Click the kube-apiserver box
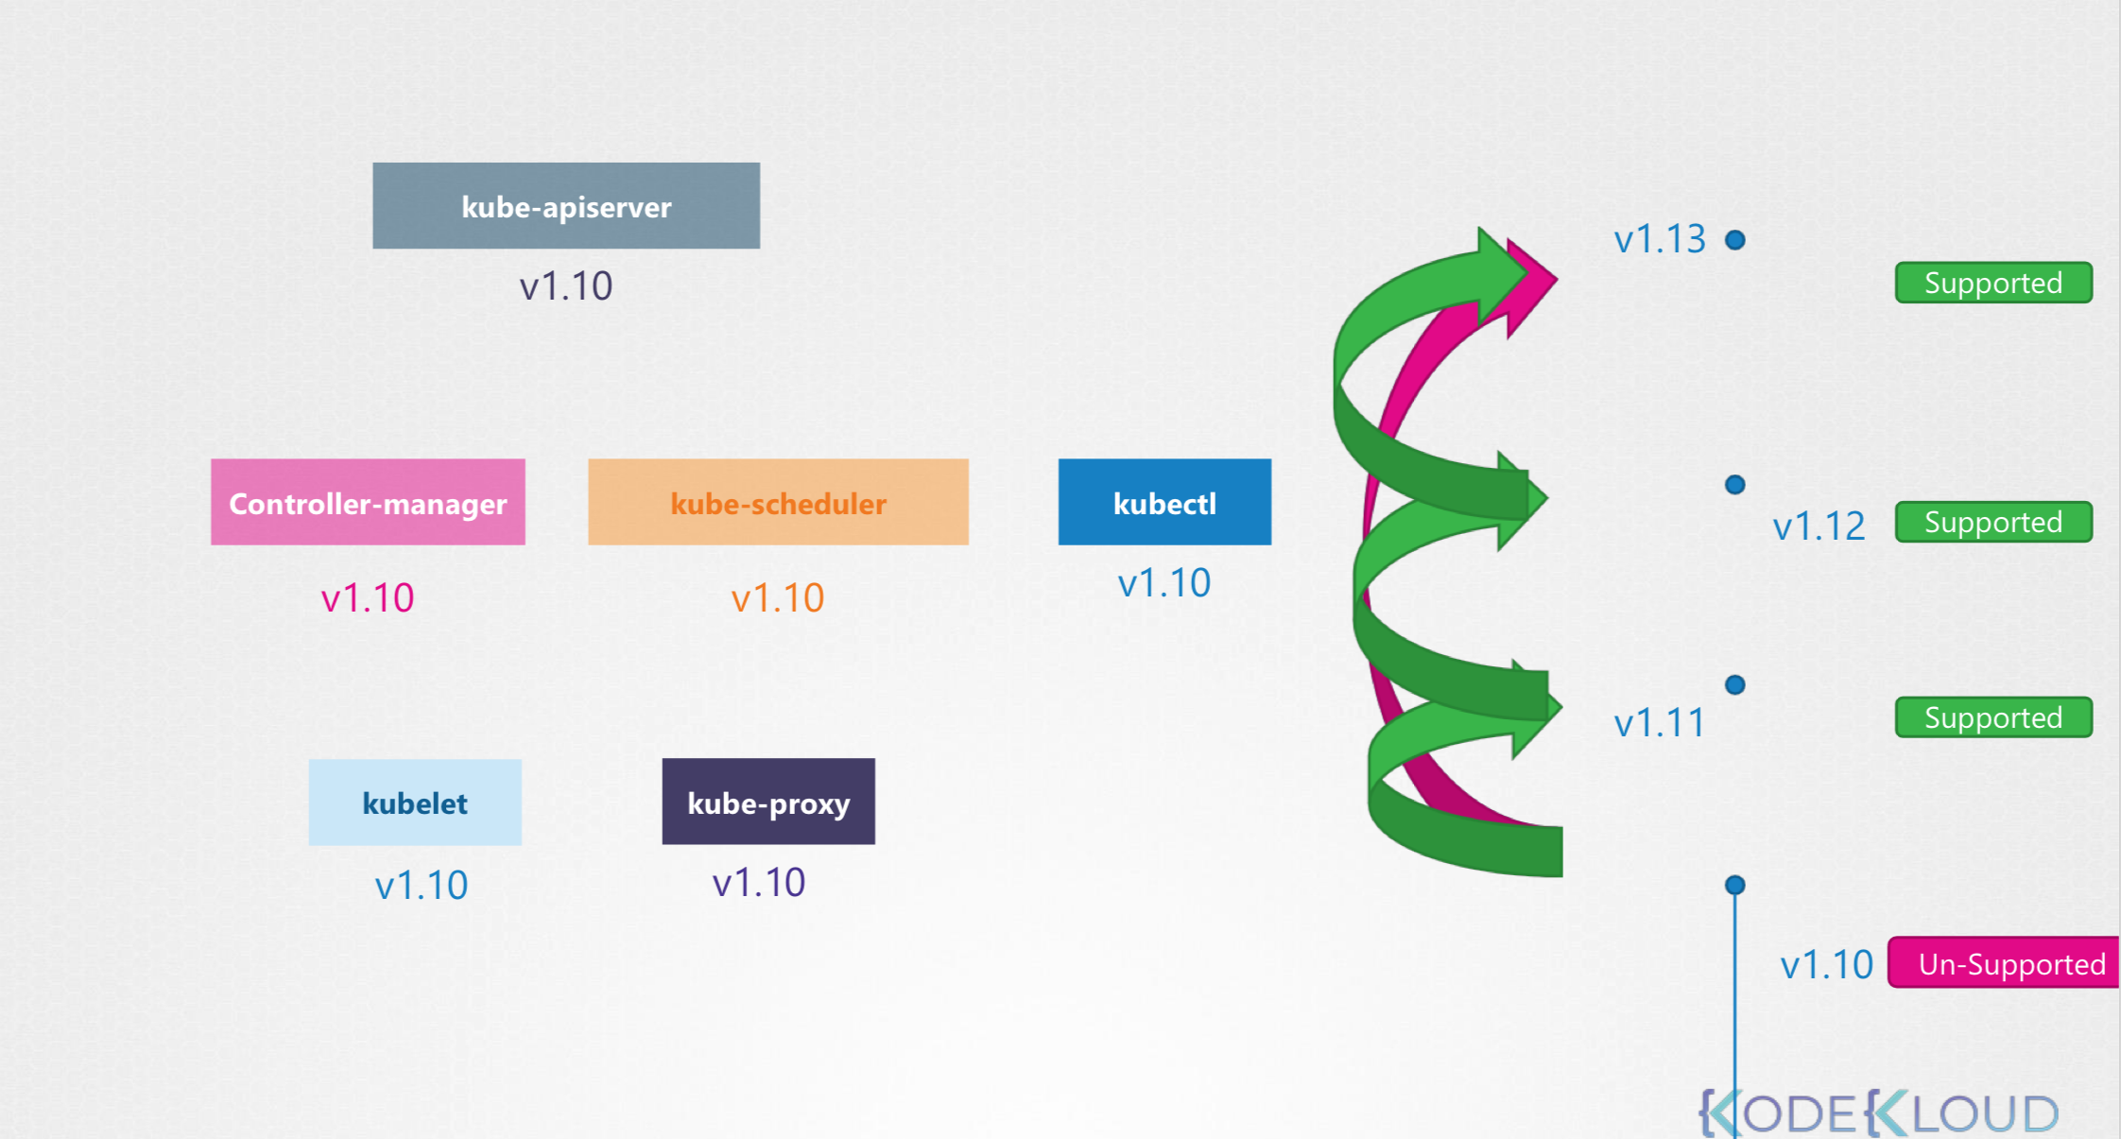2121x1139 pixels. click(x=565, y=205)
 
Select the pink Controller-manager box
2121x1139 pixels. click(x=368, y=502)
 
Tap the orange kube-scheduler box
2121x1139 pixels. click(x=778, y=502)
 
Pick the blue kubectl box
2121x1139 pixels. click(x=1164, y=502)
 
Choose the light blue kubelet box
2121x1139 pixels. click(x=415, y=802)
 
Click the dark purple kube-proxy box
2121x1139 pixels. click(x=768, y=802)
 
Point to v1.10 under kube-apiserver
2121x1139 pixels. click(x=565, y=285)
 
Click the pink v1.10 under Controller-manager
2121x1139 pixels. click(x=368, y=597)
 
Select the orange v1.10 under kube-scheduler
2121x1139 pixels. click(x=778, y=597)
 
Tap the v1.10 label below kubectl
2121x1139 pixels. click(x=1164, y=582)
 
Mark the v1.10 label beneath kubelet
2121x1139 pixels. click(x=422, y=885)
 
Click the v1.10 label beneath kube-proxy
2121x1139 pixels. click(x=759, y=882)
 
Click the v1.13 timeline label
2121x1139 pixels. click(x=1659, y=239)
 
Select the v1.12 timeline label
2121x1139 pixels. click(x=1819, y=526)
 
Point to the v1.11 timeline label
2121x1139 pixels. click(x=1659, y=723)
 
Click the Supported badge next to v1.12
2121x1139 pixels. click(x=1993, y=522)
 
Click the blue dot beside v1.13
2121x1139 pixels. click(x=1735, y=240)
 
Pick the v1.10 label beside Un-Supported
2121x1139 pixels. click(x=1826, y=965)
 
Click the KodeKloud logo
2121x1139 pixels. click(x=1879, y=1113)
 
